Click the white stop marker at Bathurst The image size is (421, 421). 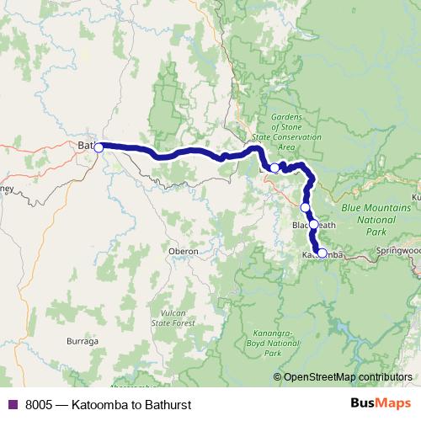[x=99, y=147]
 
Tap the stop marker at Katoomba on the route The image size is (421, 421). [x=322, y=253]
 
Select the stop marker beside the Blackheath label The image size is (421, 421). [x=313, y=225]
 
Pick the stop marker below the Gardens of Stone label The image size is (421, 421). [x=274, y=168]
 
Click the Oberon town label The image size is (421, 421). [x=183, y=251]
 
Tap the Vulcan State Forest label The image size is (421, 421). [x=168, y=318]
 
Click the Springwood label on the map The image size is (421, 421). [x=400, y=251]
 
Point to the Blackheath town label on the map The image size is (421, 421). [x=314, y=226]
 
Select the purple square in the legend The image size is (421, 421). [x=13, y=404]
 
